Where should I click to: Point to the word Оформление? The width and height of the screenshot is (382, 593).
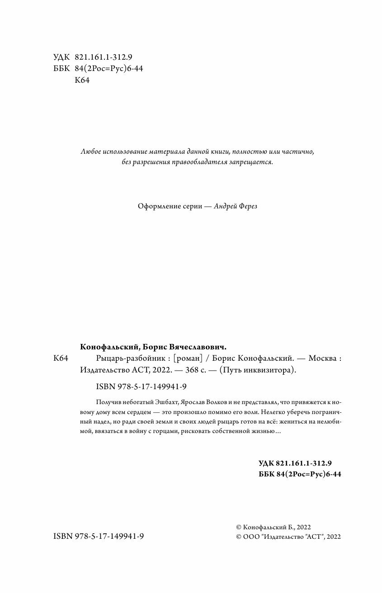[x=156, y=206]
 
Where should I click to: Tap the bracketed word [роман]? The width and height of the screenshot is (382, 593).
[x=187, y=358]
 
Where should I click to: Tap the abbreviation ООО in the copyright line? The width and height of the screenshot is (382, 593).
[x=251, y=537]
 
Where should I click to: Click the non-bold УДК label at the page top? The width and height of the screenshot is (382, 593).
[x=61, y=57]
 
